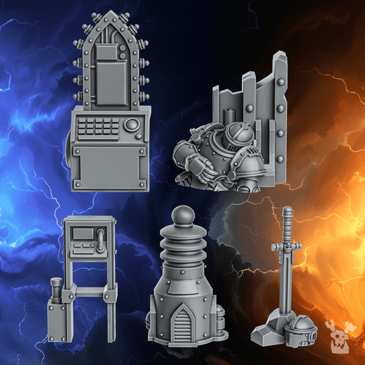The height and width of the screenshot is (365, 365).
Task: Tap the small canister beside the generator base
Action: [218, 318]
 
